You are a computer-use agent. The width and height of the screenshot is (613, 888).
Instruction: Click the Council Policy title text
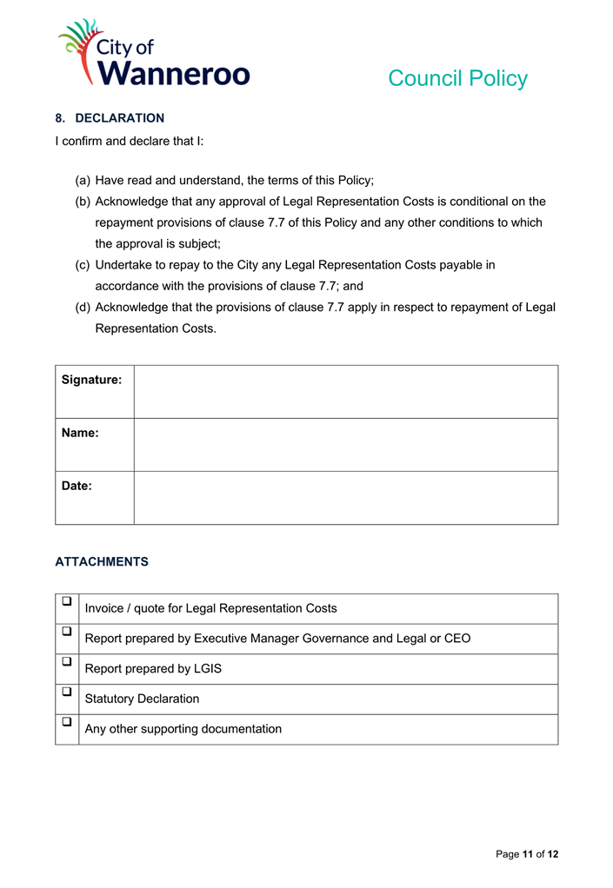click(457, 78)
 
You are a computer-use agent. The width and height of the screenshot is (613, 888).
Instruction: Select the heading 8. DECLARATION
click(110, 118)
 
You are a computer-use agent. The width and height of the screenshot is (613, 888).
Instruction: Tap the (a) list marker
click(83, 181)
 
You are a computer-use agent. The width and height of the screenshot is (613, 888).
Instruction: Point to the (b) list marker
click(83, 202)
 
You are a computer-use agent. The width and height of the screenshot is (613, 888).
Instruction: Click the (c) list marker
click(83, 265)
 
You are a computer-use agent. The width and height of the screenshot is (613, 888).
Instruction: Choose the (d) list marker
click(83, 307)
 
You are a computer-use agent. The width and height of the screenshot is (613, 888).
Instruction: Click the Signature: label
click(91, 380)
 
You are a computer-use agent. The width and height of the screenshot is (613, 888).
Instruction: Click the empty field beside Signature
click(345, 392)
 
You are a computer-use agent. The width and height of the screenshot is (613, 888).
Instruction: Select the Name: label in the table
click(80, 433)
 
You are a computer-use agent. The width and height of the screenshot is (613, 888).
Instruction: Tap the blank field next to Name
click(345, 445)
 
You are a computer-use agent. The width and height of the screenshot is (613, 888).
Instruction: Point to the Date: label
click(77, 486)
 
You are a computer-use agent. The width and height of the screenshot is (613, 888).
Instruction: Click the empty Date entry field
click(345, 498)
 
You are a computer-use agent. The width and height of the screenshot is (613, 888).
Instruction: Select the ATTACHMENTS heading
click(102, 562)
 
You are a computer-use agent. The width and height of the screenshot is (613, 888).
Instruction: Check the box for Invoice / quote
click(66, 601)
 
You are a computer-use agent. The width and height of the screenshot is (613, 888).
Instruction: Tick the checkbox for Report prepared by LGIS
click(66, 661)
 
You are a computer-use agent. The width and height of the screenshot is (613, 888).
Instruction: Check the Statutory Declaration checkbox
click(66, 692)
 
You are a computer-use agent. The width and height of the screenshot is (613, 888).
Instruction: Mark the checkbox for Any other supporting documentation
click(66, 721)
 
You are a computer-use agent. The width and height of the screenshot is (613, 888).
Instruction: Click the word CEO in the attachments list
click(457, 639)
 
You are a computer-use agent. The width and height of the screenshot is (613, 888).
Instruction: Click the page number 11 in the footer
click(527, 854)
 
